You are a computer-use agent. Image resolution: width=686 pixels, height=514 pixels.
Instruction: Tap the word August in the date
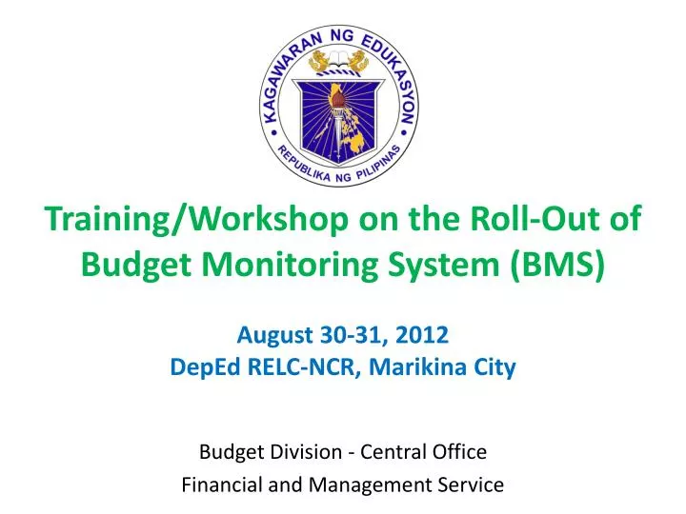point(272,334)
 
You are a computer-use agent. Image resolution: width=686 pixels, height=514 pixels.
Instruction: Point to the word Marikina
point(431,366)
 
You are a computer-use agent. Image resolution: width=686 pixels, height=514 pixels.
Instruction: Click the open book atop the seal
point(342,65)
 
